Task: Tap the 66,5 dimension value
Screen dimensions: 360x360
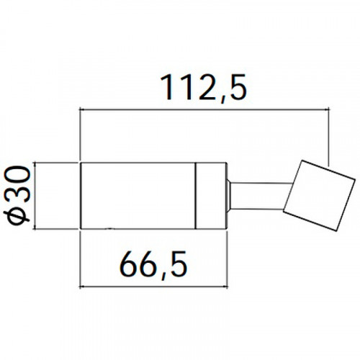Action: click(153, 265)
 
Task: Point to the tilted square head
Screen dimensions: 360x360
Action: click(319, 196)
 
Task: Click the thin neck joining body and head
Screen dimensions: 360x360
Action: click(261, 196)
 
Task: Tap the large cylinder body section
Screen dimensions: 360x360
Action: click(138, 196)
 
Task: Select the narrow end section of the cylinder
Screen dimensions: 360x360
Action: click(211, 196)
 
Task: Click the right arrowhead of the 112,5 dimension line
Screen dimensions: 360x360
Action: click(325, 109)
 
